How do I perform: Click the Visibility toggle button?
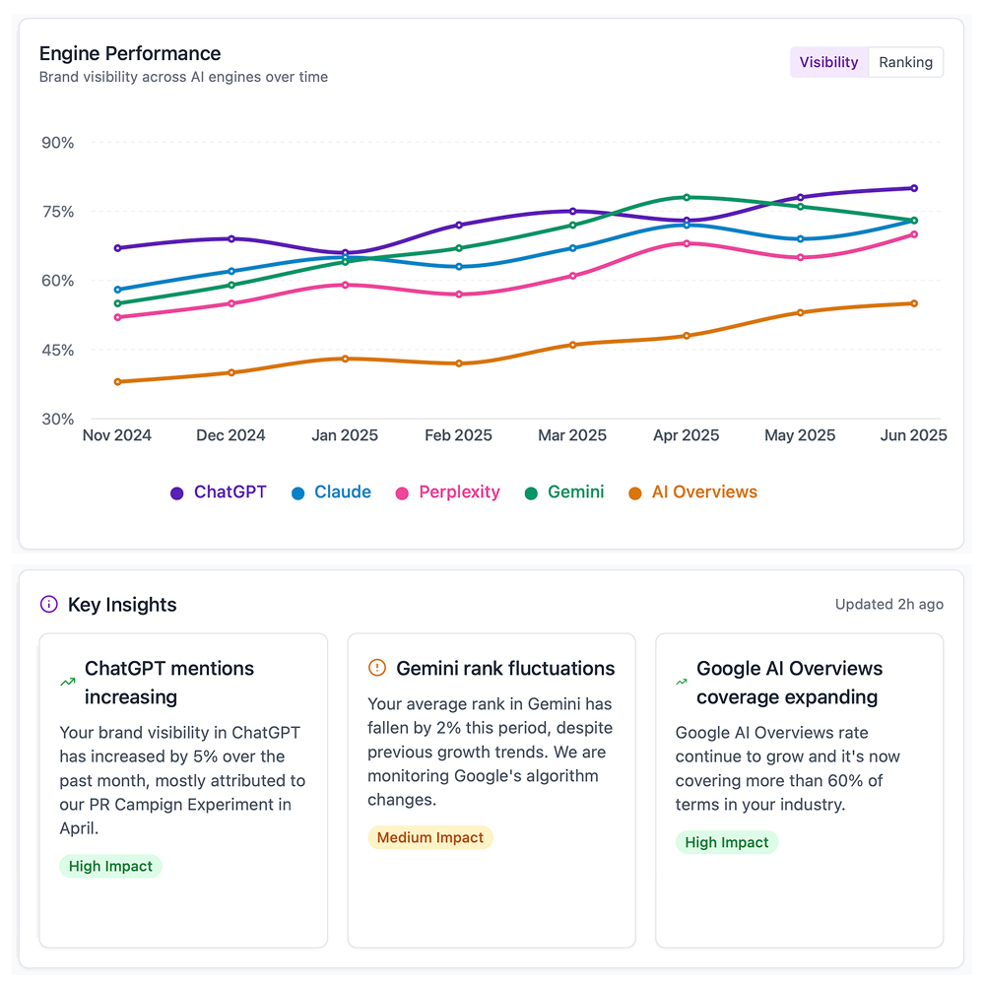pos(828,62)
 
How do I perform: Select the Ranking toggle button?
pos(905,62)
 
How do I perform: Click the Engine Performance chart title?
pos(130,53)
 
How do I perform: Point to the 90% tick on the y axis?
pos(58,143)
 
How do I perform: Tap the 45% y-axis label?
pos(58,351)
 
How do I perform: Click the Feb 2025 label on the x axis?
pos(458,435)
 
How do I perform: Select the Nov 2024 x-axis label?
pos(117,435)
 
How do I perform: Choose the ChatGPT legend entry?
pos(219,492)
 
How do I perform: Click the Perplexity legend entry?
pos(448,492)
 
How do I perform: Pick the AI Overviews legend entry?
pos(693,492)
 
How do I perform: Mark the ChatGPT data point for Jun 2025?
pos(914,188)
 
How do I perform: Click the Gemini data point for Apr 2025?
pos(687,197)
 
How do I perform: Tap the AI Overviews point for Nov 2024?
pos(118,382)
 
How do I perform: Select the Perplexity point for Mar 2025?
pos(572,276)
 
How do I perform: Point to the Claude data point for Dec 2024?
pos(231,271)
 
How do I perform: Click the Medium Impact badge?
pos(430,838)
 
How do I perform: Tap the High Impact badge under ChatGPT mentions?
pos(110,867)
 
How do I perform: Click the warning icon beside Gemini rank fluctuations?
pos(377,669)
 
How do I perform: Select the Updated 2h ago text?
pos(888,605)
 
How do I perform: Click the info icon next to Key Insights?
pos(48,605)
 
